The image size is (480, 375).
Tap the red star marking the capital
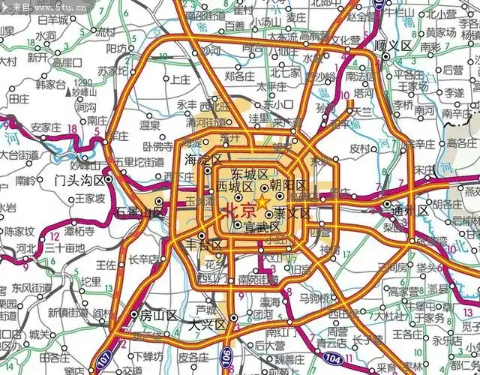(262, 203)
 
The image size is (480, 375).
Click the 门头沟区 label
(82, 180)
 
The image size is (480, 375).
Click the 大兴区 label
(206, 325)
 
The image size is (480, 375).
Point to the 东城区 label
(250, 174)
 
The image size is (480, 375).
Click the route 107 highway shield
(103, 364)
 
